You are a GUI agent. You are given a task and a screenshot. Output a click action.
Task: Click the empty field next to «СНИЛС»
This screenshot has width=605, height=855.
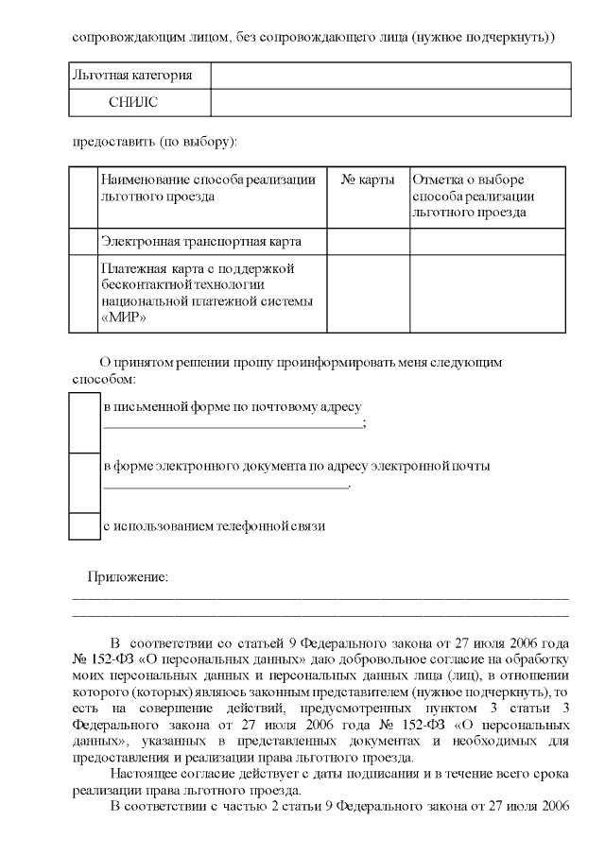[x=390, y=102]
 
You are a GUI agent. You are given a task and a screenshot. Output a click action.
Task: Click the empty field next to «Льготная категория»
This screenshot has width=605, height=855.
[x=390, y=75]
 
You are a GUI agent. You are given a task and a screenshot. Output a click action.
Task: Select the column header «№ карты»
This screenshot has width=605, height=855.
[x=368, y=180]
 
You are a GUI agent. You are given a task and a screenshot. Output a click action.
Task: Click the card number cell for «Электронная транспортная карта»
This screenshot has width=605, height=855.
[x=368, y=242]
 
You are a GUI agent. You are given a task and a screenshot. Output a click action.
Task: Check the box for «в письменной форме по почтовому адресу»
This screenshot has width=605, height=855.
[x=85, y=421]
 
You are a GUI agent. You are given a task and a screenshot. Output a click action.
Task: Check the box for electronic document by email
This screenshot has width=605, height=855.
[x=85, y=483]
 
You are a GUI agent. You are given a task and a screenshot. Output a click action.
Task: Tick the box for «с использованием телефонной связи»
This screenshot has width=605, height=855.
[x=85, y=526]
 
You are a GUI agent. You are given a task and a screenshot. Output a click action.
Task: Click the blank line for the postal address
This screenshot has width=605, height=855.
[x=232, y=426]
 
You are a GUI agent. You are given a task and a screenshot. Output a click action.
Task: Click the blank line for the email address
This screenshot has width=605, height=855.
[x=225, y=486]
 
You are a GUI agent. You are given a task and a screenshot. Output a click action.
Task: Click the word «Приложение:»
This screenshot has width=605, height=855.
[x=128, y=576]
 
